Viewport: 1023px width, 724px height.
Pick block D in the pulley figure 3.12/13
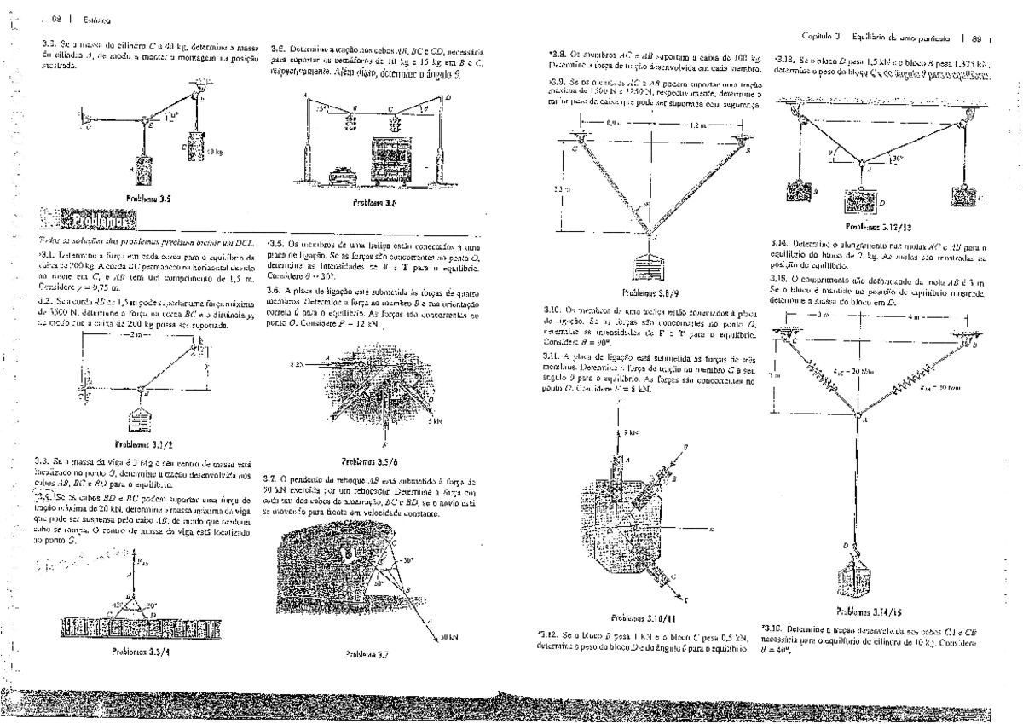[864, 200]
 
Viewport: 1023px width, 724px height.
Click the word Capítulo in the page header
[816, 36]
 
